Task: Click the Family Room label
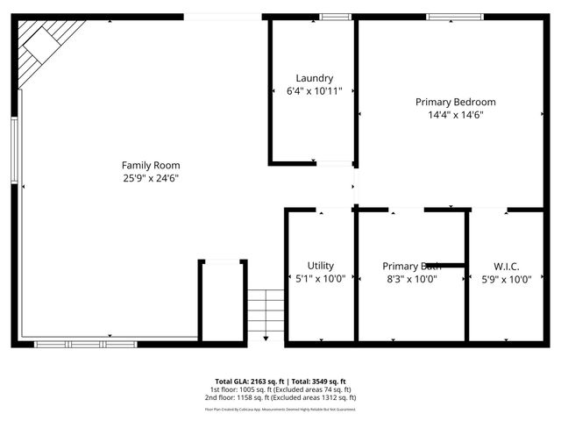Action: [150, 165]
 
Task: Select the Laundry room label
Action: [314, 78]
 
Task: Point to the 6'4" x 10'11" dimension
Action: [314, 91]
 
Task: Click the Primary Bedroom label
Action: [455, 102]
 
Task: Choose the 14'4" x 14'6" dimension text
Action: [455, 115]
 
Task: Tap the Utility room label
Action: [320, 266]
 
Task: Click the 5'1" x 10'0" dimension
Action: [320, 279]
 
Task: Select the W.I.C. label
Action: [506, 266]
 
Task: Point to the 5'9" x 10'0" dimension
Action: [506, 279]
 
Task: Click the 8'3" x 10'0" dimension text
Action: [411, 279]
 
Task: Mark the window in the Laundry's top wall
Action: [335, 17]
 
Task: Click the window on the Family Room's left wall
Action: [14, 150]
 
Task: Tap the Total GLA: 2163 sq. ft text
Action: [244, 382]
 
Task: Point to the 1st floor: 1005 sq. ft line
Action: [280, 389]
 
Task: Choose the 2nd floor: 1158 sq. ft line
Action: [280, 397]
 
